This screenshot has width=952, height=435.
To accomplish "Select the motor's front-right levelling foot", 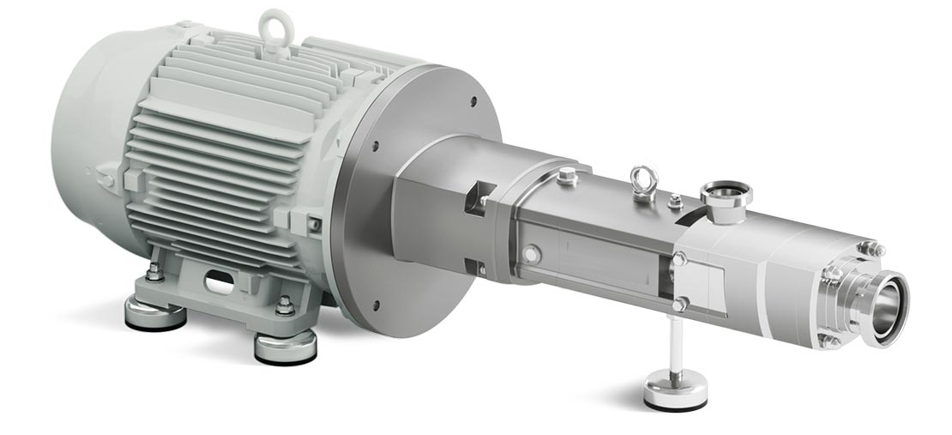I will (x=285, y=345).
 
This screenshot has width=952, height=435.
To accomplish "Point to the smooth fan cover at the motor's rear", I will (x=86, y=129).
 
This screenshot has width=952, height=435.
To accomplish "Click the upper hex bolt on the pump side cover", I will (x=679, y=259).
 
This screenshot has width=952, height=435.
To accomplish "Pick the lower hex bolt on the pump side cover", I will (x=680, y=304).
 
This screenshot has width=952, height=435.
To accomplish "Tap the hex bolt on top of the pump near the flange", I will (x=566, y=178).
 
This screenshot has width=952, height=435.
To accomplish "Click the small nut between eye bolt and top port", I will (x=676, y=202).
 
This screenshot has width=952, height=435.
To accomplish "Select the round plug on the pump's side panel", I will (x=532, y=254).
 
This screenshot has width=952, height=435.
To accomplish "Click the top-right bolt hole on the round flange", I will (x=473, y=101).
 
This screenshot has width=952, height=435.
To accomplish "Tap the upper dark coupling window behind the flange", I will (x=476, y=198).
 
